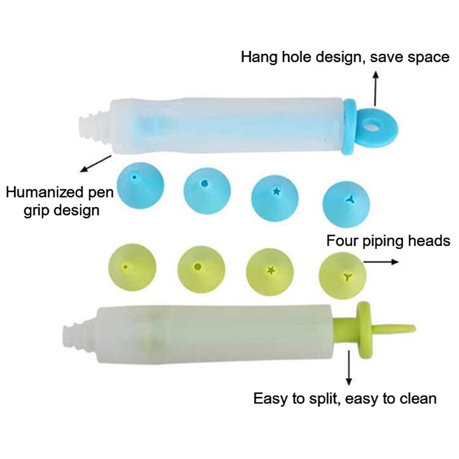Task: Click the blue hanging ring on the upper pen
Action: point(374,123)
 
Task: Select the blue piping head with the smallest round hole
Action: point(134,186)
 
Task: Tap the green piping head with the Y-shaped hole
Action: point(343,276)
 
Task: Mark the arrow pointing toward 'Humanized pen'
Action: point(95,163)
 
